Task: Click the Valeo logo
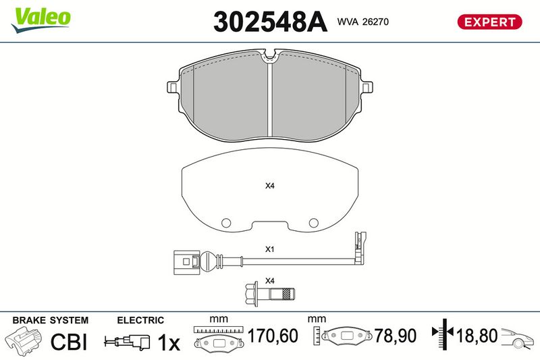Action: point(40,20)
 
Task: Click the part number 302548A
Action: point(270,22)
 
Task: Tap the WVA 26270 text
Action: point(362,22)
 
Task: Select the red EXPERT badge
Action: point(489,22)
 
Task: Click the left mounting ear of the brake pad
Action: point(173,86)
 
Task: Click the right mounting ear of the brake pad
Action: point(367,86)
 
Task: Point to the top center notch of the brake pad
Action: point(269,56)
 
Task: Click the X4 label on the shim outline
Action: point(269,186)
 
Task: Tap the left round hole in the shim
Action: point(226,223)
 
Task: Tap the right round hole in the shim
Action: point(313,223)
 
